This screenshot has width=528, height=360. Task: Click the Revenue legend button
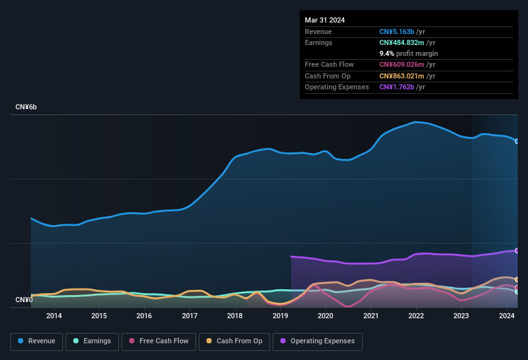click(x=37, y=341)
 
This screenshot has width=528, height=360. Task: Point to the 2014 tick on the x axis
click(x=54, y=316)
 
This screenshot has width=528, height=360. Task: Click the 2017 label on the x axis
click(x=190, y=316)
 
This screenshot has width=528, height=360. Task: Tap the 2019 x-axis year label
click(x=280, y=316)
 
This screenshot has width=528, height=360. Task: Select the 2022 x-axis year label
click(x=416, y=316)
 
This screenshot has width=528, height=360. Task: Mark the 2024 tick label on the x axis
click(x=507, y=316)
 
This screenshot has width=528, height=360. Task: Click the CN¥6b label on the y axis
click(x=26, y=107)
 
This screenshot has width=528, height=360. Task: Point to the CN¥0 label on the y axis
click(x=24, y=300)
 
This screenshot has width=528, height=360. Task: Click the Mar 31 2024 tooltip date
click(x=325, y=20)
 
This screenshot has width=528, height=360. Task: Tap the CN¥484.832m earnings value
click(x=407, y=42)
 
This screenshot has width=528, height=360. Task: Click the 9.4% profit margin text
click(x=408, y=53)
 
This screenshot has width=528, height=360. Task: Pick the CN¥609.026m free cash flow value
click(x=407, y=64)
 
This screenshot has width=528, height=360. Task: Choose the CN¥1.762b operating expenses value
click(x=401, y=87)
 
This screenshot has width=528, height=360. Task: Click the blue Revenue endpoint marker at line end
click(x=517, y=141)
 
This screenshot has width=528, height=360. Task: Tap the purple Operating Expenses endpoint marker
click(x=517, y=251)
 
